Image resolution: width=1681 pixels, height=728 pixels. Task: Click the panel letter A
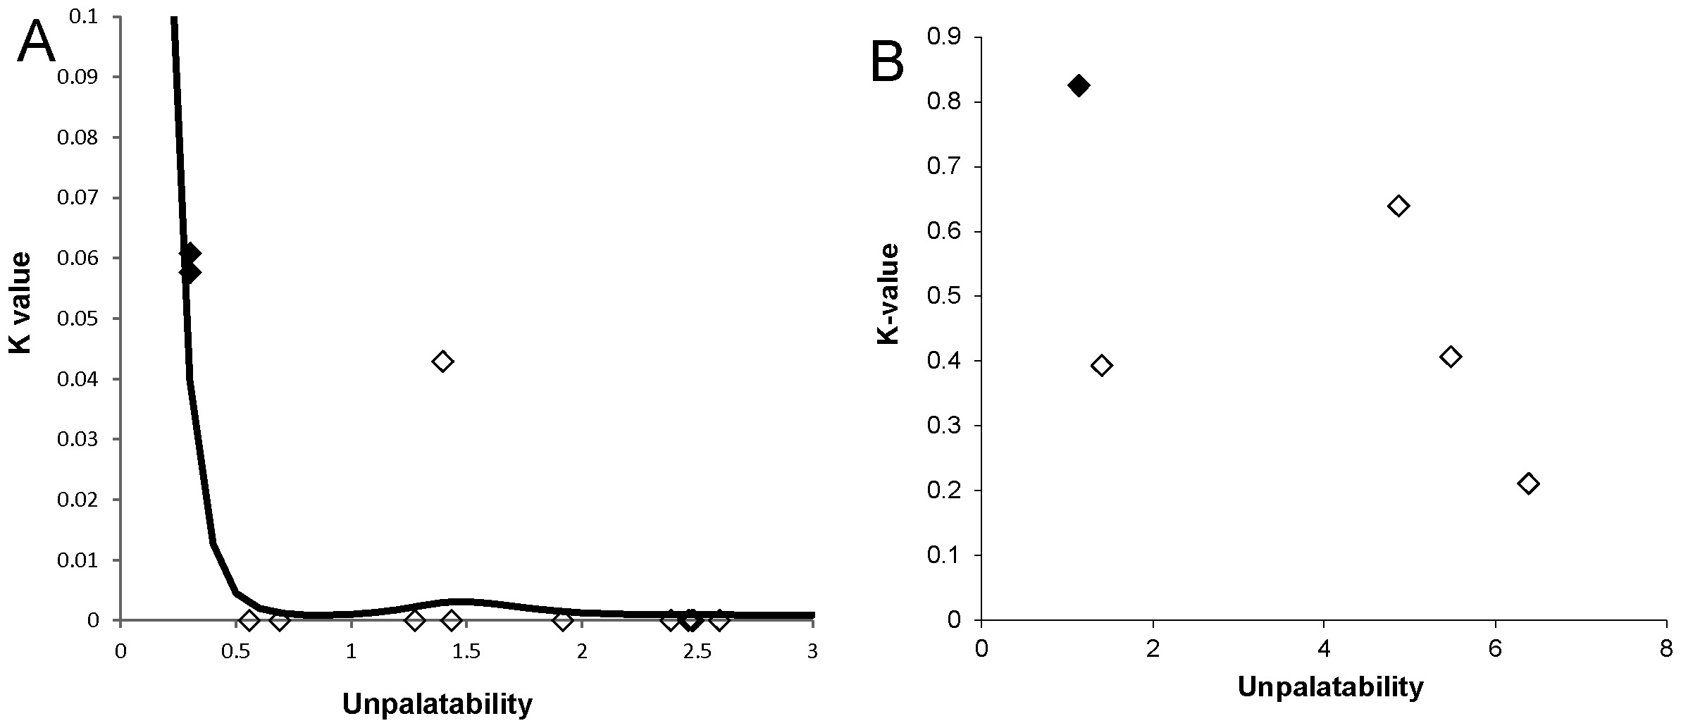click(x=37, y=42)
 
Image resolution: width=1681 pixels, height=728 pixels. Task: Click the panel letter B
click(x=887, y=63)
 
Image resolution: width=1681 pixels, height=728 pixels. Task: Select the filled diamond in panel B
click(x=1078, y=86)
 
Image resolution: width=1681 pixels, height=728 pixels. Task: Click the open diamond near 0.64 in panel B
click(x=1398, y=206)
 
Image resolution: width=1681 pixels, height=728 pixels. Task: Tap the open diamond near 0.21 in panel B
click(x=1527, y=483)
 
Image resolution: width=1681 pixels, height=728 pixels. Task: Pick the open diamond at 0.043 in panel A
click(x=442, y=361)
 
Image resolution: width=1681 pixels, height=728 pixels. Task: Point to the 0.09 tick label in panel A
click(x=78, y=77)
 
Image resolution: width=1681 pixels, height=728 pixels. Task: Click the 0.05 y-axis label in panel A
click(x=78, y=319)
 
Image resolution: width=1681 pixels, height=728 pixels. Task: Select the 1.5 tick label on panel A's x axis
click(x=466, y=652)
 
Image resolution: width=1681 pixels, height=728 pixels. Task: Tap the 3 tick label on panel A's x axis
click(x=812, y=652)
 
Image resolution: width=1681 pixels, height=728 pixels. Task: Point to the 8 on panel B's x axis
click(x=1666, y=649)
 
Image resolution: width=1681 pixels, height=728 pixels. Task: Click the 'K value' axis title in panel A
click(x=20, y=303)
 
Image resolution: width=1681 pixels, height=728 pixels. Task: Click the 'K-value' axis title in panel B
click(x=889, y=294)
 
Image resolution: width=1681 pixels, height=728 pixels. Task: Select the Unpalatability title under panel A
click(x=437, y=703)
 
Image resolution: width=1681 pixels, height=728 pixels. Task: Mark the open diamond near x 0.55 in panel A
click(x=249, y=620)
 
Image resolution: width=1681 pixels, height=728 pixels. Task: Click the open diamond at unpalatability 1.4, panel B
click(x=1101, y=365)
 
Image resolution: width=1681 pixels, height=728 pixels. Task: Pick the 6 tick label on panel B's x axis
click(x=1495, y=649)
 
